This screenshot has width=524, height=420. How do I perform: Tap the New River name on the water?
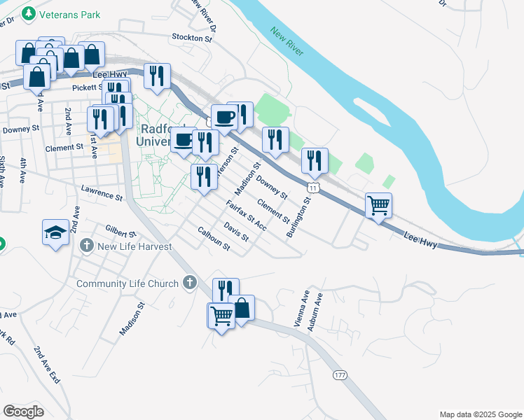[x=287, y=41]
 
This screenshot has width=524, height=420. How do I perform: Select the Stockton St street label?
[x=191, y=38]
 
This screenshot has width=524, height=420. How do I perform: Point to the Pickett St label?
[x=88, y=87]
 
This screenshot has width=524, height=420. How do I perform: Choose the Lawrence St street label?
[x=102, y=189]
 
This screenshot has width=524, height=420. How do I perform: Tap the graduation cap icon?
[x=55, y=232]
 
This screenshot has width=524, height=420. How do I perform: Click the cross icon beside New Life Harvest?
[x=86, y=245]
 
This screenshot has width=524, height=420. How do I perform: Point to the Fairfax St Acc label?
[x=247, y=215]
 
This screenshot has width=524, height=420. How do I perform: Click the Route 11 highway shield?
[x=314, y=188]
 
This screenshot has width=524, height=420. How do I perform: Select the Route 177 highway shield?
[x=340, y=375]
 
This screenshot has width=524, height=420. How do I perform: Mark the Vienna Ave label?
[x=301, y=309]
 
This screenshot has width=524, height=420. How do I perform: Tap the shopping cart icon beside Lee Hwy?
[x=378, y=206]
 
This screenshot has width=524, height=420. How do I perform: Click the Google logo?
[x=23, y=412]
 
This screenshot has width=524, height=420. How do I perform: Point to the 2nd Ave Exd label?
[x=47, y=364]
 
